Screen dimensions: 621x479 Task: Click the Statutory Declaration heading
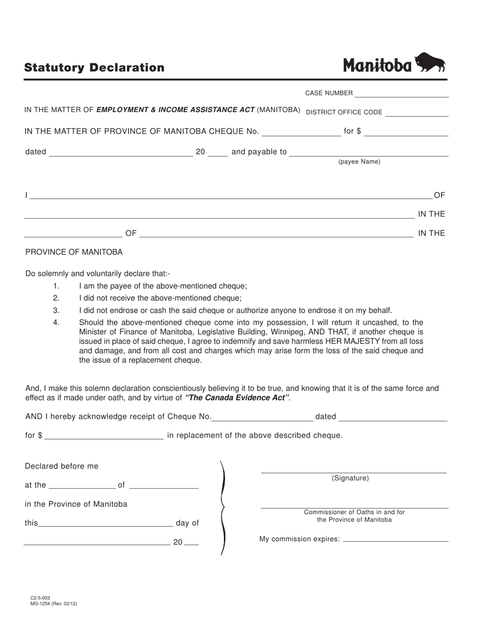(x=94, y=68)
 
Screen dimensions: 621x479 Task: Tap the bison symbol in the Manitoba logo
(x=430, y=63)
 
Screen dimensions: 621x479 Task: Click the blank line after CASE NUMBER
(x=401, y=94)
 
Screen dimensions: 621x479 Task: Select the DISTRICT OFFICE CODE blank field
(x=416, y=113)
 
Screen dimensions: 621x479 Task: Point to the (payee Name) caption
(x=359, y=162)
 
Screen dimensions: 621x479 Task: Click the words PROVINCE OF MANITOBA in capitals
(x=74, y=252)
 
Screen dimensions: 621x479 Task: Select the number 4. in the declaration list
(x=56, y=322)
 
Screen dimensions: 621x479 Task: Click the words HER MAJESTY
(x=344, y=341)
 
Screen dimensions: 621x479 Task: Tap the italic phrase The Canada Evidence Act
(x=237, y=398)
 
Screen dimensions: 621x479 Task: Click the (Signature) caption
(x=350, y=478)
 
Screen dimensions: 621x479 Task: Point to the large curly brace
(x=222, y=507)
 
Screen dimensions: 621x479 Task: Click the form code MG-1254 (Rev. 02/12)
(x=53, y=603)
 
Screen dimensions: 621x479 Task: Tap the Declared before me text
(x=62, y=466)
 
